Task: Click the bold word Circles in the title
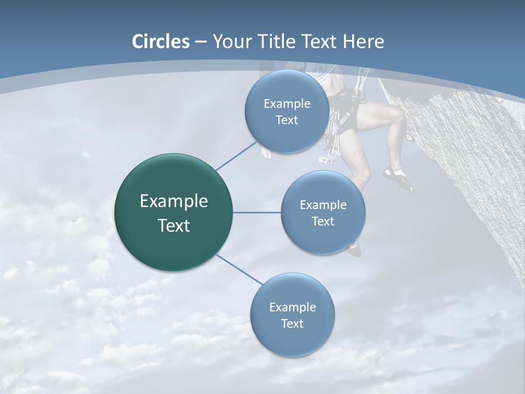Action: pyautogui.click(x=161, y=42)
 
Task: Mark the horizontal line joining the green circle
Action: pyautogui.click(x=256, y=212)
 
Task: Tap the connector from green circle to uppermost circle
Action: pyautogui.click(x=236, y=155)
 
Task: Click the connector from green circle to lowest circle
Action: pyautogui.click(x=239, y=269)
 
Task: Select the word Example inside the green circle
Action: pyautogui.click(x=173, y=201)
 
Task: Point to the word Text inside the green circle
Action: pyautogui.click(x=173, y=225)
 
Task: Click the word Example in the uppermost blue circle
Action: pyautogui.click(x=287, y=104)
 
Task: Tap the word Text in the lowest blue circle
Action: pyautogui.click(x=292, y=324)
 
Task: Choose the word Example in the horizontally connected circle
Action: pyautogui.click(x=323, y=205)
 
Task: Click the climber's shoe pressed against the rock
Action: pyautogui.click(x=399, y=179)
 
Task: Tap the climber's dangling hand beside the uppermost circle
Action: pyautogui.click(x=266, y=152)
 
